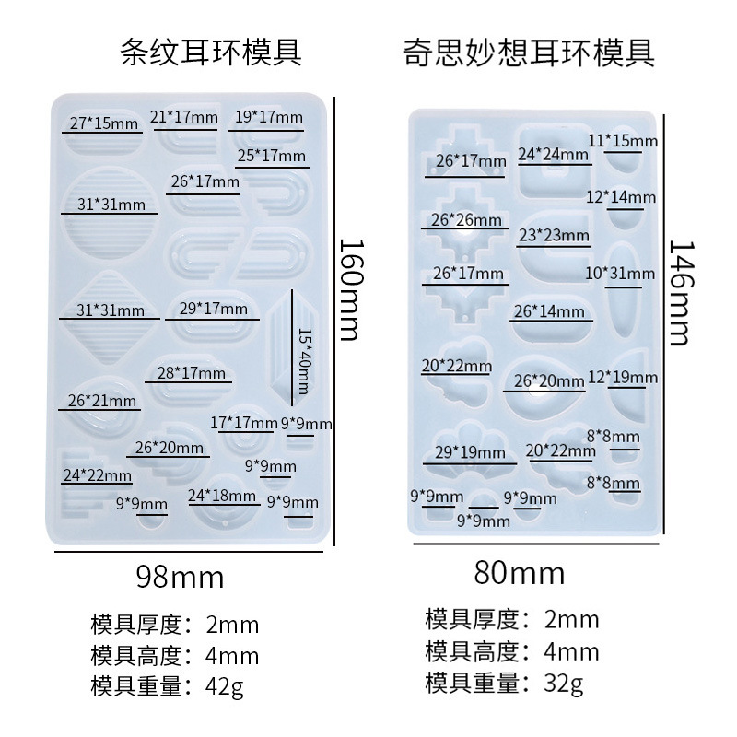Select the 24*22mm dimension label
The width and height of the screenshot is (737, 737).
98,475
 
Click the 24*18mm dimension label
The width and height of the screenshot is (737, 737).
223,496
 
